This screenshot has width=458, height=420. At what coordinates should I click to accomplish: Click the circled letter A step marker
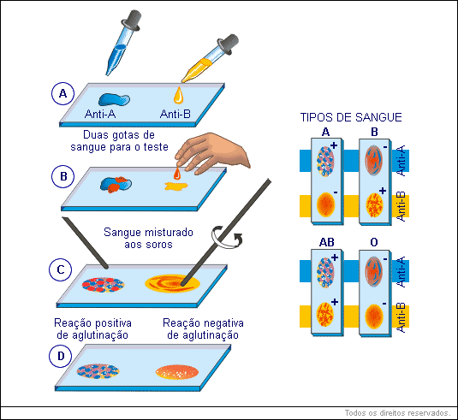(x=62, y=94)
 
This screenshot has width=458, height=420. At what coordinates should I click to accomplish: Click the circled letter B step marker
(x=63, y=176)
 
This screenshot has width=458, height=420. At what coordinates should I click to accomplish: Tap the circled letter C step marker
(x=61, y=269)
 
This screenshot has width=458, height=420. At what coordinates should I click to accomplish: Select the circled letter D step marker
(x=61, y=356)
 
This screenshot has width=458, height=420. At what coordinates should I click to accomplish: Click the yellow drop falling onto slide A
(x=178, y=95)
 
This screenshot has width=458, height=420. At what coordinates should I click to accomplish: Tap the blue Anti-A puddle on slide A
(x=114, y=99)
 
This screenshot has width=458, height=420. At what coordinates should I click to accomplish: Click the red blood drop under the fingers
(x=177, y=174)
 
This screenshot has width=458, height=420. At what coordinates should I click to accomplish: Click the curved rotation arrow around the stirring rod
(x=226, y=238)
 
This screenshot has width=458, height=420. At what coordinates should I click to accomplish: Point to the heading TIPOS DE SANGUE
(x=351, y=117)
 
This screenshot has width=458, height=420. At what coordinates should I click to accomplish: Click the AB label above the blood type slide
(x=326, y=242)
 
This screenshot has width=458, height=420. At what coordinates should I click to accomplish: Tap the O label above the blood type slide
(x=374, y=242)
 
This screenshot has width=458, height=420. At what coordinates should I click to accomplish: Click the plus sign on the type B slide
(x=383, y=191)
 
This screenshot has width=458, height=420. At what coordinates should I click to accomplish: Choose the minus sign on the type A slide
(x=336, y=192)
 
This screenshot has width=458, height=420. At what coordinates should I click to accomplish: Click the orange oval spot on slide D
(x=177, y=372)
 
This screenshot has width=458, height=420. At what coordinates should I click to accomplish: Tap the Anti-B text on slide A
(x=175, y=114)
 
